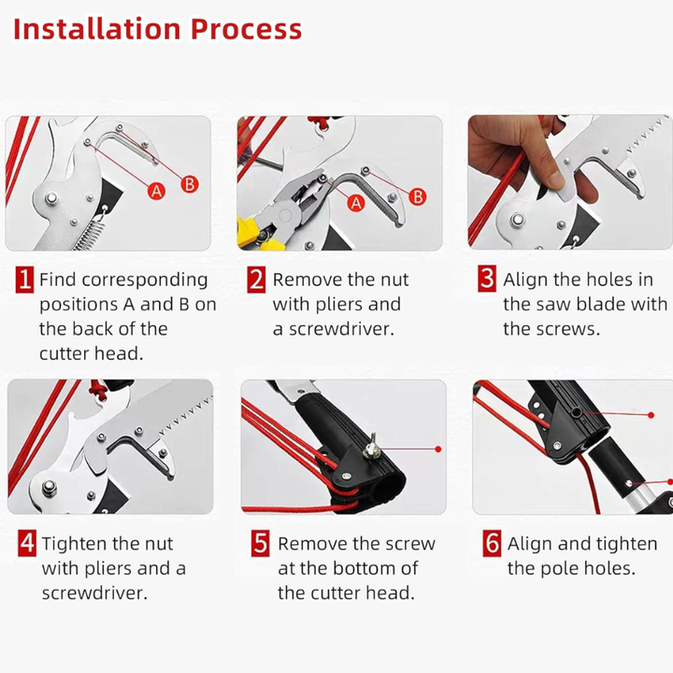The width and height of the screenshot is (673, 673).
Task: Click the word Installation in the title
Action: (97, 29)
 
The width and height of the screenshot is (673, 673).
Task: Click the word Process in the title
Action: (247, 30)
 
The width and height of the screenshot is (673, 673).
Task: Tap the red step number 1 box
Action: (24, 279)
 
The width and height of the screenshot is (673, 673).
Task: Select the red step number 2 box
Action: (256, 279)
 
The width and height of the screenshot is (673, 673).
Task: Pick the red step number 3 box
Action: (487, 279)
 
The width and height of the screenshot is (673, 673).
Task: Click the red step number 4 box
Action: (27, 543)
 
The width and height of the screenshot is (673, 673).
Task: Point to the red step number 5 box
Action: (260, 543)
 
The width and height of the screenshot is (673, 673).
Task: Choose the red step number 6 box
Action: (492, 543)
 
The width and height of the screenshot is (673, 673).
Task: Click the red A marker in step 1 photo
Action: (156, 191)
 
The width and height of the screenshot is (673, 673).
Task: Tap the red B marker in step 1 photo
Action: (189, 184)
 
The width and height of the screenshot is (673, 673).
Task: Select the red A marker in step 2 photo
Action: (356, 204)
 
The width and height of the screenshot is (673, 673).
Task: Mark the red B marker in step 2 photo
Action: (417, 197)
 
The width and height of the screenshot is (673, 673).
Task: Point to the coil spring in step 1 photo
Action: (90, 233)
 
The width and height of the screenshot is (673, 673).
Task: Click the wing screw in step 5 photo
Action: (370, 447)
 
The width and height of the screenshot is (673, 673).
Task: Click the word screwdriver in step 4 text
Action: (94, 594)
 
